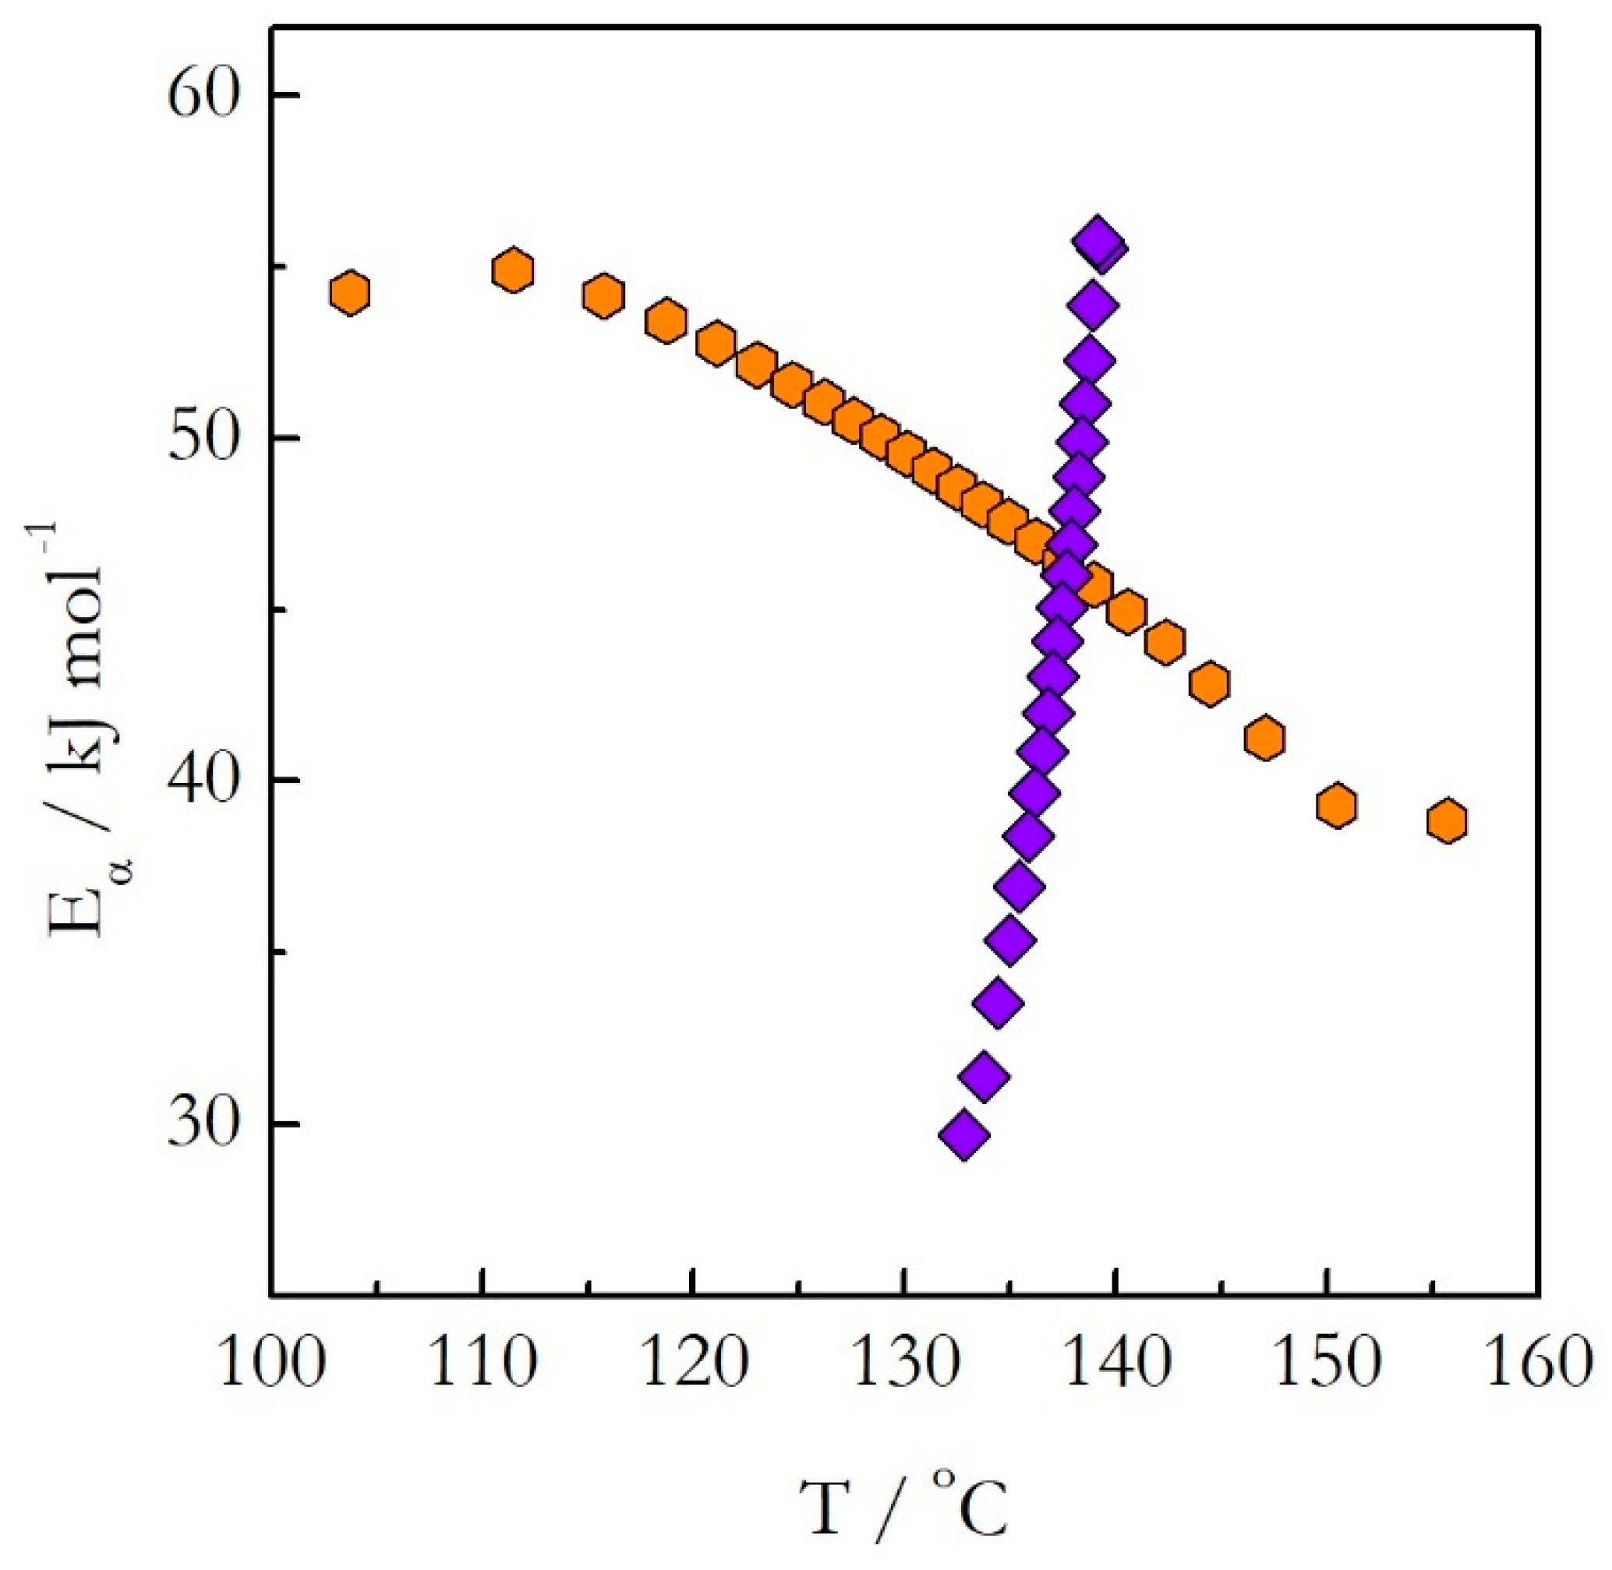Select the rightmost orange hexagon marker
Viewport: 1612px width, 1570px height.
click(x=1447, y=820)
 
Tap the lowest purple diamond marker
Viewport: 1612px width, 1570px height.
click(x=963, y=1135)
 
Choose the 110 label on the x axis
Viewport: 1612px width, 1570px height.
click(x=483, y=1364)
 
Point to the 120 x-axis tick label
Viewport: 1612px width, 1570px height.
click(x=693, y=1364)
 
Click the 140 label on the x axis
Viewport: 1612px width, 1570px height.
click(x=1115, y=1364)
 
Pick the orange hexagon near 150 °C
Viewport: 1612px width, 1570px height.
click(x=1337, y=806)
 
